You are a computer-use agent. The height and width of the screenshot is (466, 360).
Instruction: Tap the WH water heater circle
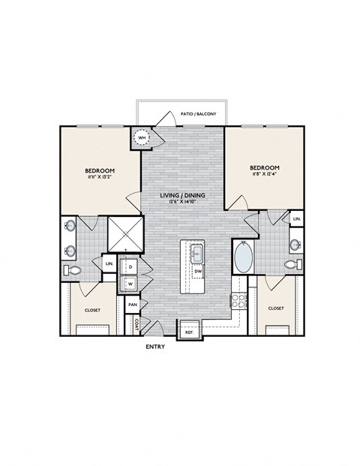142,137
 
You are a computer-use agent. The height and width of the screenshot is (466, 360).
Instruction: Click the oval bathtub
244,258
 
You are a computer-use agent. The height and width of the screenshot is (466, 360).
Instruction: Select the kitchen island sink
196,253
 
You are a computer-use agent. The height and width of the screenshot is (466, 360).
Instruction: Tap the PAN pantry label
133,305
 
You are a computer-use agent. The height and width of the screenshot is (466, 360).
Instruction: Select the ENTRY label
154,347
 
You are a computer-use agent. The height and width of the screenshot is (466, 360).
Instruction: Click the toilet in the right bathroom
294,265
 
